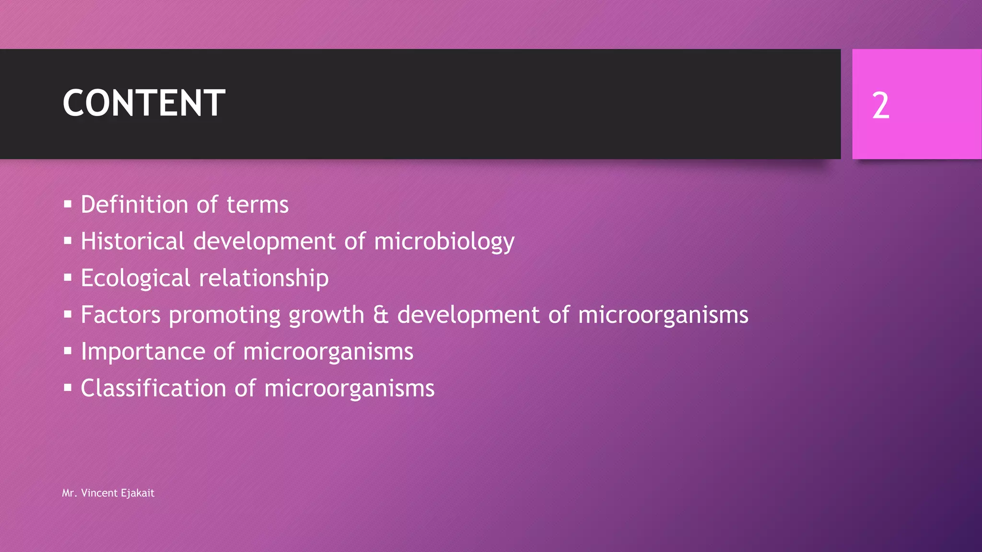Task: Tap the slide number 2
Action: tap(880, 105)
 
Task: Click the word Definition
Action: tap(134, 205)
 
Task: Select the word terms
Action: tap(257, 205)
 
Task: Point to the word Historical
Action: tap(132, 241)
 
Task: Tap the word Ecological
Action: tap(136, 278)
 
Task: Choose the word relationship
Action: tap(264, 278)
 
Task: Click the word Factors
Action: tap(120, 315)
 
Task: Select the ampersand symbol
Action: tap(381, 315)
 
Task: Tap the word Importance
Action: tap(142, 352)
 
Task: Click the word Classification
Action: tap(153, 388)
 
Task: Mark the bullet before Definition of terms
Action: tap(68, 205)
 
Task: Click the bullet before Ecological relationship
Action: tap(68, 278)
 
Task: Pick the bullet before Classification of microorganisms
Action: tap(68, 388)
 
